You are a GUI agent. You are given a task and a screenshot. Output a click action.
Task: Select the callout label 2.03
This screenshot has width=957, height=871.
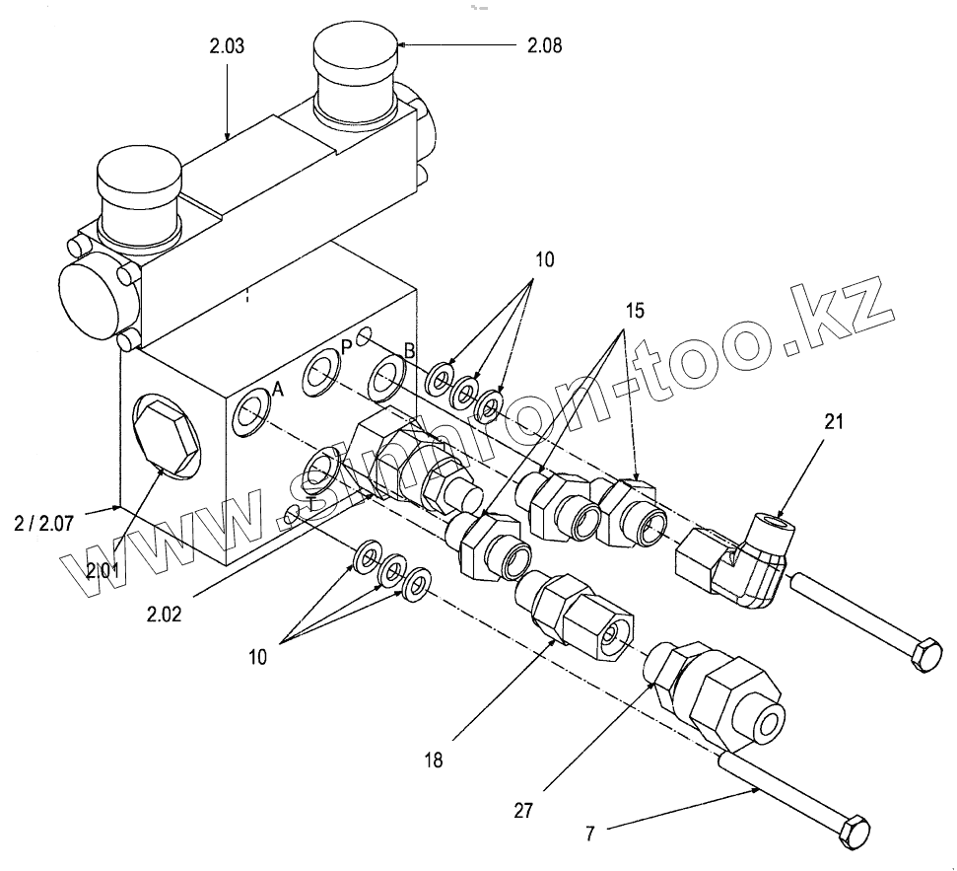coord(227,46)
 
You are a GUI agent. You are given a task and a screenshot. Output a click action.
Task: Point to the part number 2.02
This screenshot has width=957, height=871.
coord(164,614)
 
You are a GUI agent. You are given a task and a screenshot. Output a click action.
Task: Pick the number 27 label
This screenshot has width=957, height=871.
coord(522,811)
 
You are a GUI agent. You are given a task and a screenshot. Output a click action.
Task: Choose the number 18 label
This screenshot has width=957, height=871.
coord(435,760)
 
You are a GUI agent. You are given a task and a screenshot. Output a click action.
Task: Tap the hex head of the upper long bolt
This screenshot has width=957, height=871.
coord(925,655)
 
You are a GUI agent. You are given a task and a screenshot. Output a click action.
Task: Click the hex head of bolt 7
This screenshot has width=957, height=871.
coord(854,831)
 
